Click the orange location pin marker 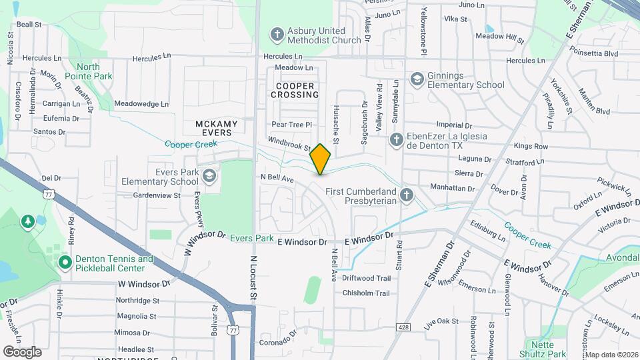click(321, 159)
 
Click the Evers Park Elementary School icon click(209, 176)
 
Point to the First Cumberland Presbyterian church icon click(407, 195)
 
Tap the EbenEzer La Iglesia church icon click(396, 139)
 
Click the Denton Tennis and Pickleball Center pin click(65, 263)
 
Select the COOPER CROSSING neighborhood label click(295, 90)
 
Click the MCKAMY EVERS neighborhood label click(214, 128)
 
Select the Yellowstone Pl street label click(423, 31)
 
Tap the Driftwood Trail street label click(366, 278)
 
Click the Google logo click(22, 351)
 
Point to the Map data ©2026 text click(611, 355)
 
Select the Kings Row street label click(531, 146)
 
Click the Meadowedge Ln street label click(141, 104)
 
